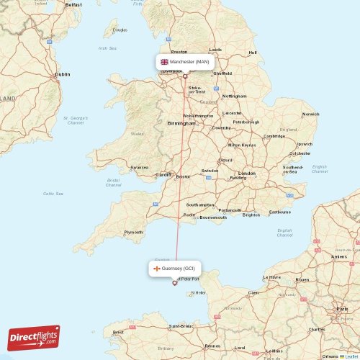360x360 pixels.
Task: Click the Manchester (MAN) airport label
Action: click(x=189, y=62)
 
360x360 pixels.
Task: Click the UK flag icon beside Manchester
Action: click(x=164, y=62)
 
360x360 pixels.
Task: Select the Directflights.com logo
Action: click(x=34, y=337)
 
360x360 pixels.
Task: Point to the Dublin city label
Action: click(x=63, y=74)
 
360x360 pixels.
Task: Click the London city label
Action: click(x=247, y=174)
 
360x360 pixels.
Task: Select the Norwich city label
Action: click(x=310, y=114)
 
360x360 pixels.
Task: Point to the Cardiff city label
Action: click(x=164, y=174)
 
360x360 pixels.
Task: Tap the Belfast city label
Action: click(x=73, y=4)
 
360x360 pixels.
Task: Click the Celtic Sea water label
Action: click(x=53, y=193)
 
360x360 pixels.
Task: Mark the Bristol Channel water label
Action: click(x=113, y=182)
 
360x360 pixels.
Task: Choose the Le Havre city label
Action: click(x=273, y=276)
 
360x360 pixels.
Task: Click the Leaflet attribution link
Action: click(x=351, y=356)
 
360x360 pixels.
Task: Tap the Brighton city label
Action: click(x=251, y=215)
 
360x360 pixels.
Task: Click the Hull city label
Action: click(x=252, y=52)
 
